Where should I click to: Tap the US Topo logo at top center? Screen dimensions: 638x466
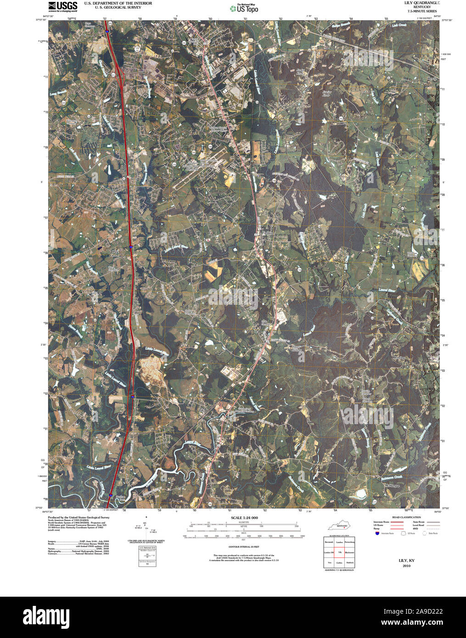(x=245, y=8)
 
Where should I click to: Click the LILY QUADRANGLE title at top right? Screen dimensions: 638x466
(x=421, y=3)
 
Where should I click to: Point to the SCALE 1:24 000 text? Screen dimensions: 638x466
(x=244, y=518)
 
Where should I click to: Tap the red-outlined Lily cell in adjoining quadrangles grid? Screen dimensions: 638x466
(x=339, y=552)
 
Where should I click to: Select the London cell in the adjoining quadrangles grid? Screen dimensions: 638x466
(x=339, y=542)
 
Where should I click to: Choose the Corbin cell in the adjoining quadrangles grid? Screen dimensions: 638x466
(x=339, y=563)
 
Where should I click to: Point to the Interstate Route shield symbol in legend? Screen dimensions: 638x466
(x=377, y=533)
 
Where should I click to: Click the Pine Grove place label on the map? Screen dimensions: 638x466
(x=115, y=253)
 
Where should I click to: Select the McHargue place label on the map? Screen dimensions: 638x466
(x=392, y=485)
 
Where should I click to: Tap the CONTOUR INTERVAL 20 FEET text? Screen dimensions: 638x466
(x=244, y=547)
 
